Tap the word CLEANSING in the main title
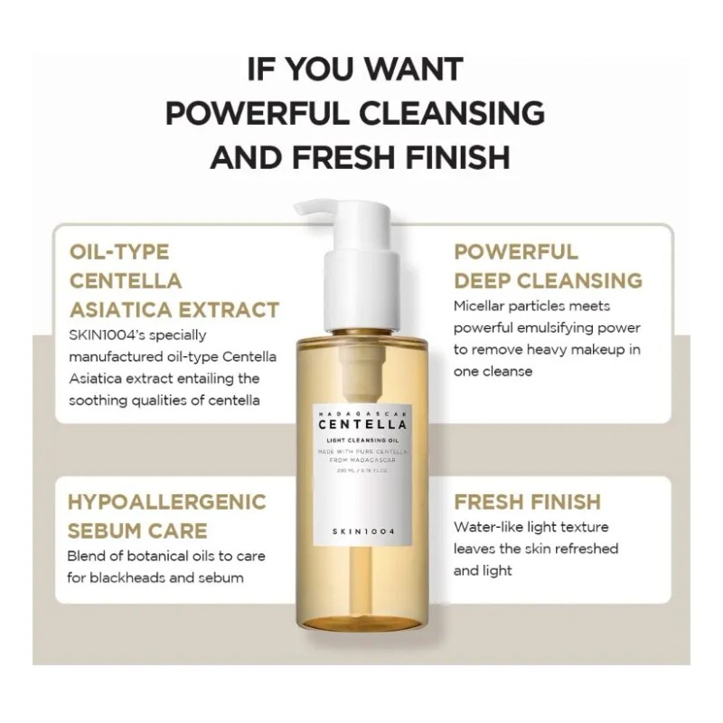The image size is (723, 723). tap(453, 113)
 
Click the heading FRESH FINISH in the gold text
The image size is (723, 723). tap(528, 502)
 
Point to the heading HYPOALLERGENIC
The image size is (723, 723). tap(167, 502)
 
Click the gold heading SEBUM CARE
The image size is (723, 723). tap(137, 531)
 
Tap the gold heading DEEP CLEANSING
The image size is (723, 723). tap(549, 280)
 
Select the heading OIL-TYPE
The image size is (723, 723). tap(119, 252)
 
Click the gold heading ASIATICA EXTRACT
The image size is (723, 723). tap(174, 309)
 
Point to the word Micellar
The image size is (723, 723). tap(480, 305)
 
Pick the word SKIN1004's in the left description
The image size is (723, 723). tap(107, 335)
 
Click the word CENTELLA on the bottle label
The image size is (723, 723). tap(363, 424)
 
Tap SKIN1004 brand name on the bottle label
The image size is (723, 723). tap(364, 531)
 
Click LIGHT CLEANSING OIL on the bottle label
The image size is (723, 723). tap(362, 441)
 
